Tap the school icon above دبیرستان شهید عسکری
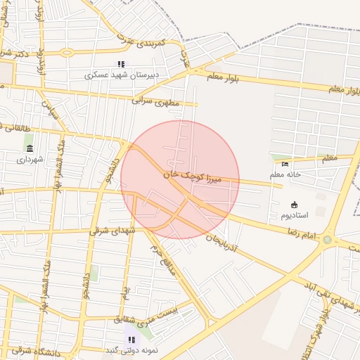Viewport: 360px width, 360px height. pyautogui.click(x=122, y=64)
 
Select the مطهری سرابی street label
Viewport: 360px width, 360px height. pyautogui.click(x=155, y=101)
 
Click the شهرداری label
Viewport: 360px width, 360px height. pyautogui.click(x=30, y=159)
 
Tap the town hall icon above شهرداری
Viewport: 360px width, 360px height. pyautogui.click(x=30, y=148)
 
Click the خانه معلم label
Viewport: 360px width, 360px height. pyautogui.click(x=285, y=174)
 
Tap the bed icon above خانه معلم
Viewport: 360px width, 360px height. pyautogui.click(x=285, y=163)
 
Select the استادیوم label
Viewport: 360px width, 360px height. pyautogui.click(x=294, y=214)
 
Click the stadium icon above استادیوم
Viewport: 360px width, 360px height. pyautogui.click(x=294, y=204)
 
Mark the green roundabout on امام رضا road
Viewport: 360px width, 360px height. pyautogui.click(x=327, y=240)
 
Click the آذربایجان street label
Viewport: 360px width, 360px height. pyautogui.click(x=221, y=245)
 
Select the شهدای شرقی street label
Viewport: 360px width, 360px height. pyautogui.click(x=112, y=230)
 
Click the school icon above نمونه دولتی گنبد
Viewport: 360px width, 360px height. pyautogui.click(x=131, y=340)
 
